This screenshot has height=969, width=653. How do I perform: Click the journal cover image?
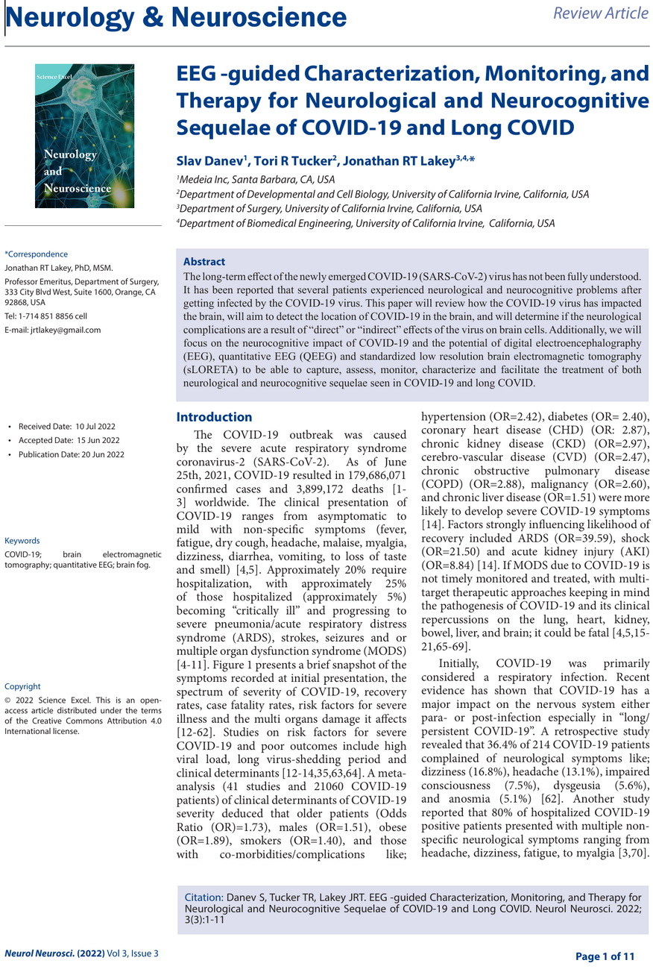click(84, 136)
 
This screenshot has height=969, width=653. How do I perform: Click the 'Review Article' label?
click(601, 13)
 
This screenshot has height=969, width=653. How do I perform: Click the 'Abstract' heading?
click(204, 262)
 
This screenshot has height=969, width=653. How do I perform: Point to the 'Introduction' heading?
click(214, 417)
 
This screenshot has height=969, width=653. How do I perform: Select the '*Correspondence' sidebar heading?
click(36, 254)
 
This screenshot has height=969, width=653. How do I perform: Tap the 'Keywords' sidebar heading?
click(22, 541)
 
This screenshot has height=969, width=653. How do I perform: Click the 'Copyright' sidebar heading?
click(22, 686)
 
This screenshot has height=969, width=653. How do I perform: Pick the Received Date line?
click(66, 427)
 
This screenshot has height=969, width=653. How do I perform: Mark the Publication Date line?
click(71, 454)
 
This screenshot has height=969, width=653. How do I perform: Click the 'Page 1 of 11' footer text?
click(605, 956)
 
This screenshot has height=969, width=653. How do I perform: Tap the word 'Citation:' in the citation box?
click(204, 897)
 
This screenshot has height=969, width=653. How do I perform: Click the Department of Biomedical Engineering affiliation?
click(365, 223)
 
